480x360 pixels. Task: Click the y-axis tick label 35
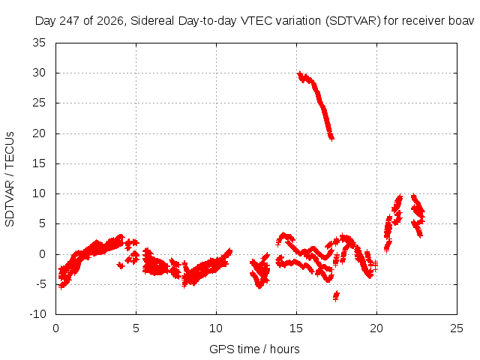[x=39, y=43]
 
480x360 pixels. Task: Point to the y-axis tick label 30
[x=39, y=73]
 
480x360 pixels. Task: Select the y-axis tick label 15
[x=39, y=163]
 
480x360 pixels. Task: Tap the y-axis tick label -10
[x=37, y=314]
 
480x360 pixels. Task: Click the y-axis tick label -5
[x=40, y=284]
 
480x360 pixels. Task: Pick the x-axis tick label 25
[x=457, y=328]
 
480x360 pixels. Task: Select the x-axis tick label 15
[x=296, y=328]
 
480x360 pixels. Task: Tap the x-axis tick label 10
[x=216, y=328]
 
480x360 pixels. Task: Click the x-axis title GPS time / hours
[x=254, y=349]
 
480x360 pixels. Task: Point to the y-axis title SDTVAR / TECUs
[x=10, y=179]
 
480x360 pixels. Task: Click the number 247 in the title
[x=70, y=21]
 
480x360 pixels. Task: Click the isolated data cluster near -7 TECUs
[x=336, y=295]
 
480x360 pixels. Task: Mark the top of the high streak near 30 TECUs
[x=300, y=73]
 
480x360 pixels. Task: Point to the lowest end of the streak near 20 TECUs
[x=331, y=138]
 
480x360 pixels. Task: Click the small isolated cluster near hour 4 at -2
[x=121, y=265]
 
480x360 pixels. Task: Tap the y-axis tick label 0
[x=43, y=254]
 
